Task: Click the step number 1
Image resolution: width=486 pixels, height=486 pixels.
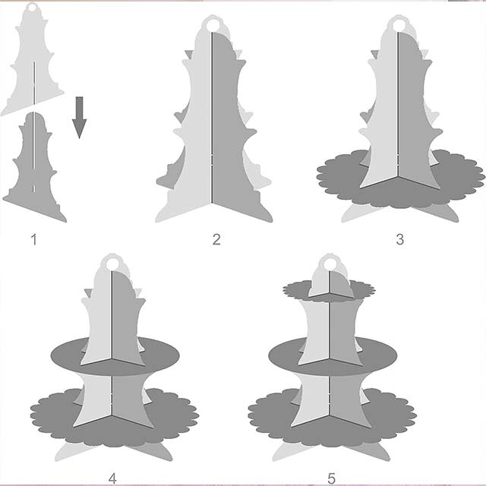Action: [x=33, y=240]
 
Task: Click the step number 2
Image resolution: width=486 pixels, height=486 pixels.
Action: [x=216, y=240]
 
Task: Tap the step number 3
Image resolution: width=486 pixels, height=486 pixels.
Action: [x=400, y=240]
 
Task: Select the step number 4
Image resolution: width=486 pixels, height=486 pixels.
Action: [x=112, y=478]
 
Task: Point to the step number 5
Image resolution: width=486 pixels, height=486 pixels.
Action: [x=331, y=478]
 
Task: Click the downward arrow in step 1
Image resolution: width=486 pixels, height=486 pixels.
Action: [x=79, y=118]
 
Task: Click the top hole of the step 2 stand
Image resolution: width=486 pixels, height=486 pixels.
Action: [x=212, y=25]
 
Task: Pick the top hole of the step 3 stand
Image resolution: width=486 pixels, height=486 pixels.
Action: [x=398, y=25]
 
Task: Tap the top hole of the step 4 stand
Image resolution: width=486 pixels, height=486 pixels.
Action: [x=112, y=264]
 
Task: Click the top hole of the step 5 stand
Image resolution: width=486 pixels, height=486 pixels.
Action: [x=330, y=264]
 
